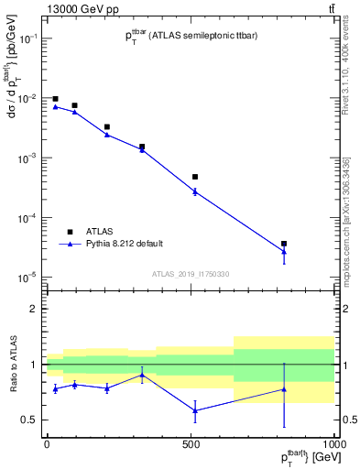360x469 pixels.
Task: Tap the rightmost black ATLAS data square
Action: point(310,244)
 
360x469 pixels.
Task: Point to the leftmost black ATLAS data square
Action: point(55,99)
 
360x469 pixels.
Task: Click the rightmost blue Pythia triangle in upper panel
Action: point(310,252)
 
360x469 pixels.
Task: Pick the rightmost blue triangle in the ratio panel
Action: point(310,389)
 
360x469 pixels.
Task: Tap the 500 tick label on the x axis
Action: point(190,444)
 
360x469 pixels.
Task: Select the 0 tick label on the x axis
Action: point(47,444)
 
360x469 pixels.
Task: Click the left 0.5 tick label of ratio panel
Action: point(31,420)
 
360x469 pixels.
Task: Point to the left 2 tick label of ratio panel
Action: point(35,309)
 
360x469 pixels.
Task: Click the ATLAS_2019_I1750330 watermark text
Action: point(191,274)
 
